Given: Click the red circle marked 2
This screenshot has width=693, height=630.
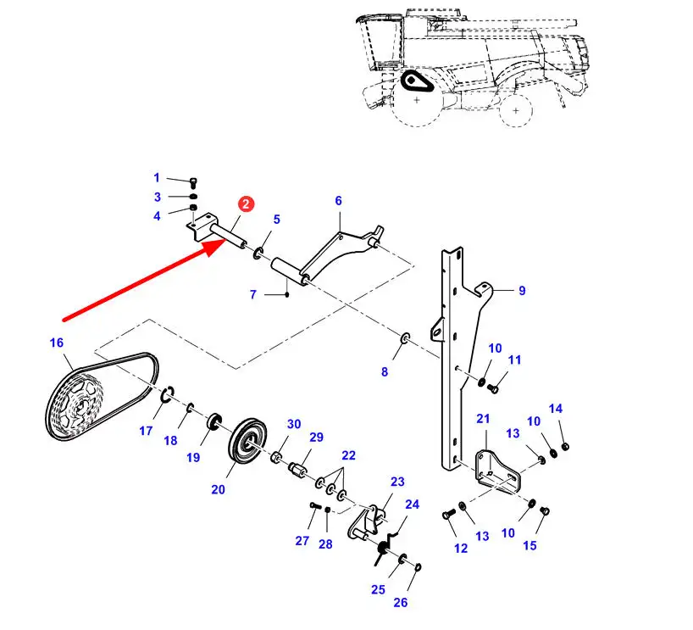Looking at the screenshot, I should [x=245, y=204].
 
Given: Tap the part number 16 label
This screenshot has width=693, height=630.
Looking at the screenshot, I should [x=56, y=343].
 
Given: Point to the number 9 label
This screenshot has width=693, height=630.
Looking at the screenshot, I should [x=522, y=291].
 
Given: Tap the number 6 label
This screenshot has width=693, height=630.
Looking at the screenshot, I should [x=338, y=201].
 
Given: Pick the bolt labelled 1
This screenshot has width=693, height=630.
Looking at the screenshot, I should [x=193, y=181].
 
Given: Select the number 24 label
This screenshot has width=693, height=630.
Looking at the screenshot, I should [x=412, y=505].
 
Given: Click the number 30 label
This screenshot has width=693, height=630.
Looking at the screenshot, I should [x=294, y=425].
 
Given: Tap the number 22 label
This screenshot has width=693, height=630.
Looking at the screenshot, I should [x=348, y=455].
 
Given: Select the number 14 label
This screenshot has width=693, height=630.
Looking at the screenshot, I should [x=556, y=409].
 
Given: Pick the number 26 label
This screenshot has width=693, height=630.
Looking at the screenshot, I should [x=401, y=603].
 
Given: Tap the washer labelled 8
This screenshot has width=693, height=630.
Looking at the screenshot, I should [x=404, y=339].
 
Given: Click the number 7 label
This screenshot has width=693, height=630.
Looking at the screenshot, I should [x=252, y=295].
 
